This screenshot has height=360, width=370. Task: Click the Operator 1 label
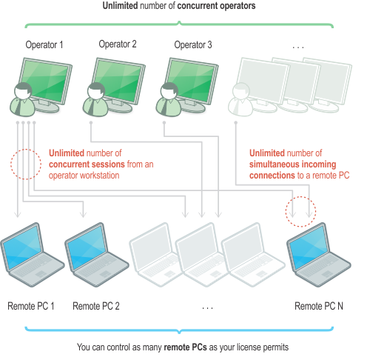(44, 45)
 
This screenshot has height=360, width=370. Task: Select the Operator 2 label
(118, 44)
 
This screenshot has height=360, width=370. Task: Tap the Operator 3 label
(193, 45)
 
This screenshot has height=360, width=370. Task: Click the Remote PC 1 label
(31, 306)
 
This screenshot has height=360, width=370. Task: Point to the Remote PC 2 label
(96, 306)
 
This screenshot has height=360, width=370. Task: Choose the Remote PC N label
(319, 306)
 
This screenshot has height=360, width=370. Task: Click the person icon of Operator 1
(22, 99)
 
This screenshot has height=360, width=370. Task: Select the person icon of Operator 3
(169, 99)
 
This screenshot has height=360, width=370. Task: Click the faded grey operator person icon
(240, 99)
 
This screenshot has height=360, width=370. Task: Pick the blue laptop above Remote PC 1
(32, 255)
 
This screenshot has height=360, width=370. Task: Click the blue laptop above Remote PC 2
(96, 255)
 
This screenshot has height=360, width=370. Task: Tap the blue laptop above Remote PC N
(318, 255)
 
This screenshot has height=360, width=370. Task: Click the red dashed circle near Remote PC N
(300, 197)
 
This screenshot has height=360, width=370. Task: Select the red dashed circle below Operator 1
(26, 150)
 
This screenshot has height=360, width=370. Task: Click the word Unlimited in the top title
(120, 6)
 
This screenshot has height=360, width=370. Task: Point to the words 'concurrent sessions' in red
(87, 164)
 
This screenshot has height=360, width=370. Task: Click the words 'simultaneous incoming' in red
(293, 164)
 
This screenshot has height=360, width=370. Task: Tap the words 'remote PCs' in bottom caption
(185, 347)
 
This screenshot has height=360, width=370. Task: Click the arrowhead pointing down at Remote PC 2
(84, 214)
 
